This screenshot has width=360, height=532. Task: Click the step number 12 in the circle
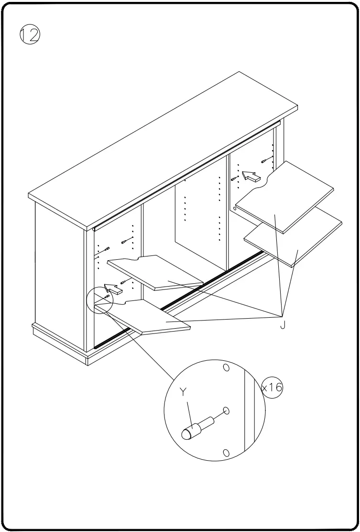[x=30, y=35]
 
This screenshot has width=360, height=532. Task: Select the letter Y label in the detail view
[x=183, y=392]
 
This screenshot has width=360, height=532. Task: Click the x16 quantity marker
[x=272, y=387]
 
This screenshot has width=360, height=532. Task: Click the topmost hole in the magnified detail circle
[x=226, y=367]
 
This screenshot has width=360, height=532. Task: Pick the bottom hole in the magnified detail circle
[x=227, y=453]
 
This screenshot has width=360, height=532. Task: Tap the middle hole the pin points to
[x=227, y=411]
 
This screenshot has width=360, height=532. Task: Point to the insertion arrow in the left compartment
[x=113, y=289]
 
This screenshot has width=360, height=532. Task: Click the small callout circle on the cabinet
[x=99, y=300]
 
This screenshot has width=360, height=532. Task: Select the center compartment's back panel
[x=198, y=215]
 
